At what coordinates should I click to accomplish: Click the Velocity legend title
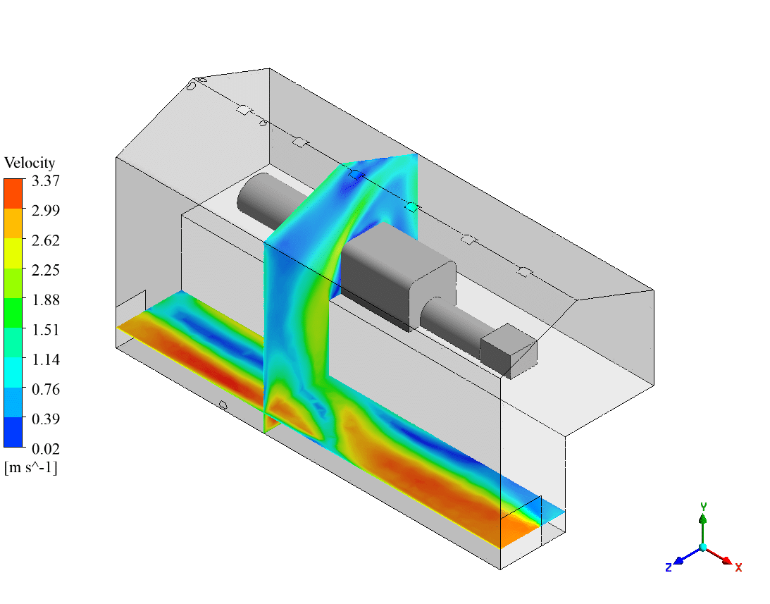pos(30,163)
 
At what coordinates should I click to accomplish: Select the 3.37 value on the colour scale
pos(46,181)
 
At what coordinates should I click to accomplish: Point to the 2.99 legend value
pos(46,210)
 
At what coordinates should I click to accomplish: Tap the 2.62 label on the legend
pos(46,240)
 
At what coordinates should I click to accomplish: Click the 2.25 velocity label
pos(46,270)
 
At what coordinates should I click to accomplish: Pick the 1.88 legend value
pos(46,300)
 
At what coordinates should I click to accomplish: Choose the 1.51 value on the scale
pos(46,330)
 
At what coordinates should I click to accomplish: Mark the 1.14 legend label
pos(46,359)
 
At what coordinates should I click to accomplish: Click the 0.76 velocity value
pos(46,389)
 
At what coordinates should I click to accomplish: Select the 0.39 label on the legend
pos(46,419)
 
